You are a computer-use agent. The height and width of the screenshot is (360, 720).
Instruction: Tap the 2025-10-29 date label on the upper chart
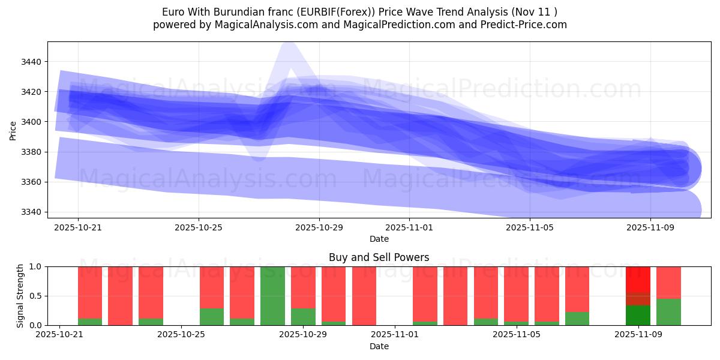(319, 228)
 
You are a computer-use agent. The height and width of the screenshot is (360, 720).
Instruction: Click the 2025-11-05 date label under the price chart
(529, 228)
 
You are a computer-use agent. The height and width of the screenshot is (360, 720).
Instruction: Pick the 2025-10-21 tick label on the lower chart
(59, 335)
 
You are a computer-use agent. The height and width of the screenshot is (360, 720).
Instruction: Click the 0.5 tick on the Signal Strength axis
(37, 296)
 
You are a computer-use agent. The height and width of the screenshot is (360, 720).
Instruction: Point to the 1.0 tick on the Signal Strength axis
(37, 266)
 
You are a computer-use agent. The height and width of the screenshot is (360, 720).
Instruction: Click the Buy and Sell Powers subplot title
(379, 257)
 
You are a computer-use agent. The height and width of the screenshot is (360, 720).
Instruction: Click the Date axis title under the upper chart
(379, 239)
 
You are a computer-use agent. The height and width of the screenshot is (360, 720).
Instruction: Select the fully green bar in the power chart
(272, 296)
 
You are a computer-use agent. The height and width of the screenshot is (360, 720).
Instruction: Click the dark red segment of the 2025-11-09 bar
(638, 299)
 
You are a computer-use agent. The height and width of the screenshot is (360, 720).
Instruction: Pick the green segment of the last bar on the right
(668, 312)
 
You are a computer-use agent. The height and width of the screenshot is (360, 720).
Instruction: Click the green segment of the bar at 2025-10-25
(211, 317)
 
